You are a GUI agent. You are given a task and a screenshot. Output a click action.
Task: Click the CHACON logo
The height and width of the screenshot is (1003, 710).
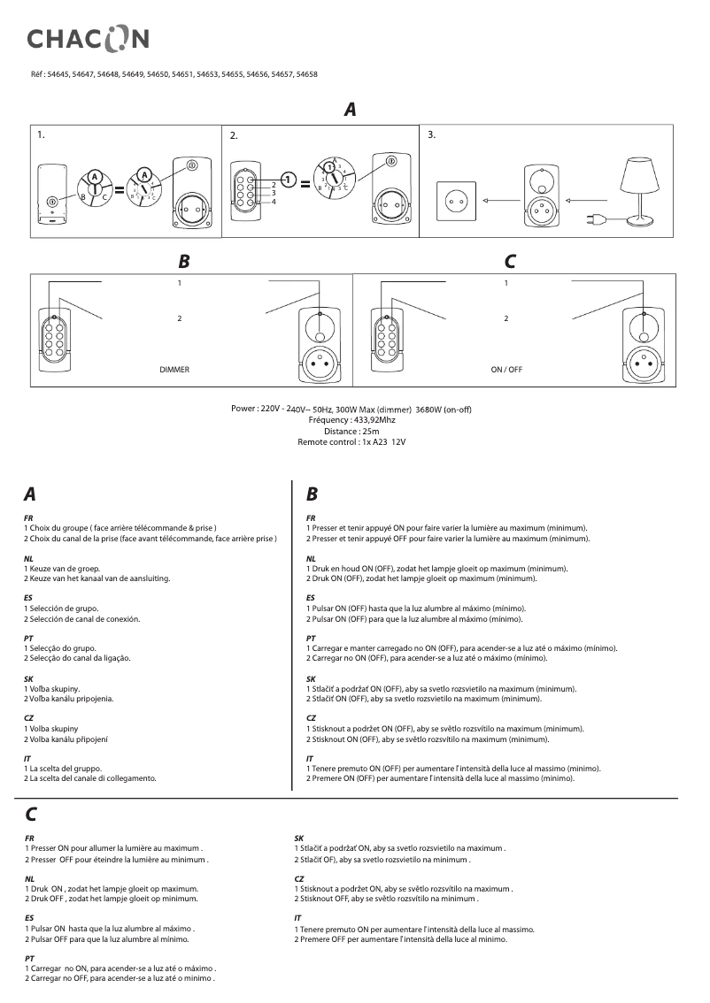point(87,37)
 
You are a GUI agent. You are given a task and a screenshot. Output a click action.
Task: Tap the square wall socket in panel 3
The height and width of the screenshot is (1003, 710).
point(457,201)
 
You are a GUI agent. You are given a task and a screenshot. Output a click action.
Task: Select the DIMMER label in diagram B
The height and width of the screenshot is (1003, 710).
point(174,367)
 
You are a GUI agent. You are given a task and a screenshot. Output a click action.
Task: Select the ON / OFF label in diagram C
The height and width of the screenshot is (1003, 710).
point(506,367)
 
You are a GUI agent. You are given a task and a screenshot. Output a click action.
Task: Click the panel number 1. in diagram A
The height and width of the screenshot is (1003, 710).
point(41,135)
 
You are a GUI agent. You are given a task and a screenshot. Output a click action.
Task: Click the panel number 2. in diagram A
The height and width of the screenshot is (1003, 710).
point(234,136)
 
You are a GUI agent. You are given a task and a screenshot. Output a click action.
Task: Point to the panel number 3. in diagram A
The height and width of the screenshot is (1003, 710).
point(432,135)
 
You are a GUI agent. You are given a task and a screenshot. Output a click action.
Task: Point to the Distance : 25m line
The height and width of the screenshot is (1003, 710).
point(351,431)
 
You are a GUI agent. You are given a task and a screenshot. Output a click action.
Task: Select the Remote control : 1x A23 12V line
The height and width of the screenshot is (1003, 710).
point(351,441)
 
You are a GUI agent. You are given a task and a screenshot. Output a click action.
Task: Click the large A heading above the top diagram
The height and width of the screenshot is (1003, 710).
point(351,111)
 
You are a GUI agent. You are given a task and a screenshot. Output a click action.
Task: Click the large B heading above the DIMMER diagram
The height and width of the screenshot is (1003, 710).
point(183,262)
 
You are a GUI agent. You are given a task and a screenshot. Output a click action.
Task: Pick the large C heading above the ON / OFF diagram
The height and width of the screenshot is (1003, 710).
point(510,262)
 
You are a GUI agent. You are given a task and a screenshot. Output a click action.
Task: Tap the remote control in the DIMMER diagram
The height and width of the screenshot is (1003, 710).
point(53,338)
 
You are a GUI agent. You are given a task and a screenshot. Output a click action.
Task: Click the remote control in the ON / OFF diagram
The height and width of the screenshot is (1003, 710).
point(387,338)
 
